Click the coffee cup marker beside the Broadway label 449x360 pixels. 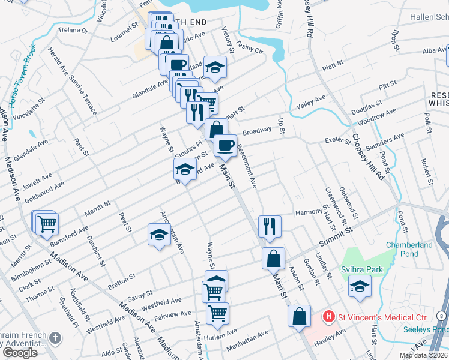(226, 145)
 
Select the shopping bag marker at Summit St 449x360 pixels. (273, 259)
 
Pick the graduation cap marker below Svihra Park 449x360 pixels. (360, 286)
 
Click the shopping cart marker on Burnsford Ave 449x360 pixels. (47, 224)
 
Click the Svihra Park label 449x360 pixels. (362, 269)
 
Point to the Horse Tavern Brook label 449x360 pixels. (23, 73)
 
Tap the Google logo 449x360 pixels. (20, 353)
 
